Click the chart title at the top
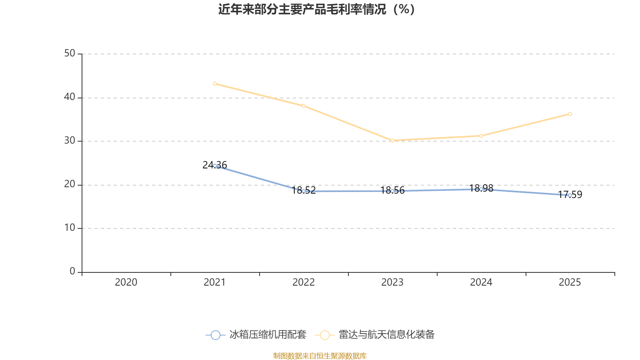(x=316, y=9)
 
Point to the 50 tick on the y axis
(x=70, y=54)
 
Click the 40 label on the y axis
(x=70, y=97)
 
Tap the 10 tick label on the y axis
(x=70, y=228)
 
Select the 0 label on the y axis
(x=72, y=272)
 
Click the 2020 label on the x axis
(x=126, y=282)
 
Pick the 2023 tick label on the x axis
(x=392, y=282)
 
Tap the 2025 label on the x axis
(x=570, y=282)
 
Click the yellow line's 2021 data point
(x=215, y=84)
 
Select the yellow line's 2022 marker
(x=304, y=106)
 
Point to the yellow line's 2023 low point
(x=392, y=140)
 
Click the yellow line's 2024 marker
(x=481, y=136)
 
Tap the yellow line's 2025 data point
(x=570, y=114)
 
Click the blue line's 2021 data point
(x=215, y=166)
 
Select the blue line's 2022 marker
(x=304, y=191)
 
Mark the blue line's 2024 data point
(x=481, y=189)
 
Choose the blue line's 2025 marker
(x=570, y=195)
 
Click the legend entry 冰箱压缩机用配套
(x=256, y=335)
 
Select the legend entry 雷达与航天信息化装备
(x=375, y=335)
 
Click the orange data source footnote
(x=320, y=356)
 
